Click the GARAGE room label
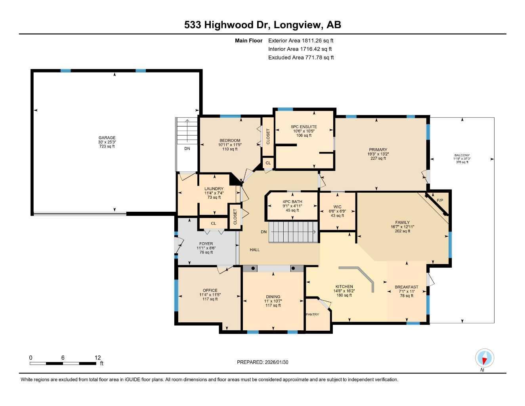(107, 138)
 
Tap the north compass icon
(484, 358)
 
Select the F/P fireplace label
(440, 201)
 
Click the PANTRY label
(312, 314)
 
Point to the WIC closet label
(337, 207)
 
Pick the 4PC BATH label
(292, 201)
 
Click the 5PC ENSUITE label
(304, 127)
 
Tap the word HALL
(255, 250)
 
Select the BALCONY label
(462, 155)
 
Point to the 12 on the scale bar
(97, 357)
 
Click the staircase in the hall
(294, 232)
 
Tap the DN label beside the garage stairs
(187, 149)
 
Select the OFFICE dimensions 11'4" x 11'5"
(210, 295)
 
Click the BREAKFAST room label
(406, 287)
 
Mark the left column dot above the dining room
(253, 268)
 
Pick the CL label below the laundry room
(214, 224)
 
